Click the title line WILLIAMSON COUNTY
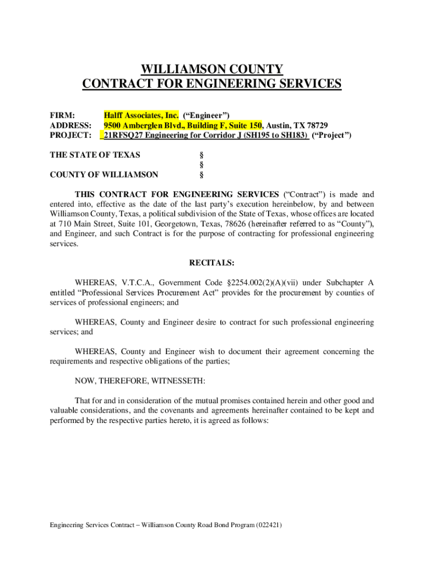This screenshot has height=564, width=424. coord(212,69)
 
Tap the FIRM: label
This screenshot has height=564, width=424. coord(62,115)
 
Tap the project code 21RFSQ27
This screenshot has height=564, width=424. coord(120,135)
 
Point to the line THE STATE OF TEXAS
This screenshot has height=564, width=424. coord(95,155)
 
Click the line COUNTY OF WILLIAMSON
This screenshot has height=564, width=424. coord(104,175)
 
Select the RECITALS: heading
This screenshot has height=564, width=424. coord(212,263)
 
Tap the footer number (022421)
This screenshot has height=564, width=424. coord(269,525)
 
